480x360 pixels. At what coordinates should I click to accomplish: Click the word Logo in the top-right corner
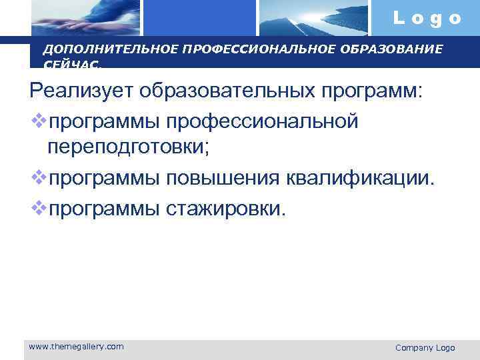pos(427,18)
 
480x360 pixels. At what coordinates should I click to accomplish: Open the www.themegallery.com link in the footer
pos(76,346)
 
